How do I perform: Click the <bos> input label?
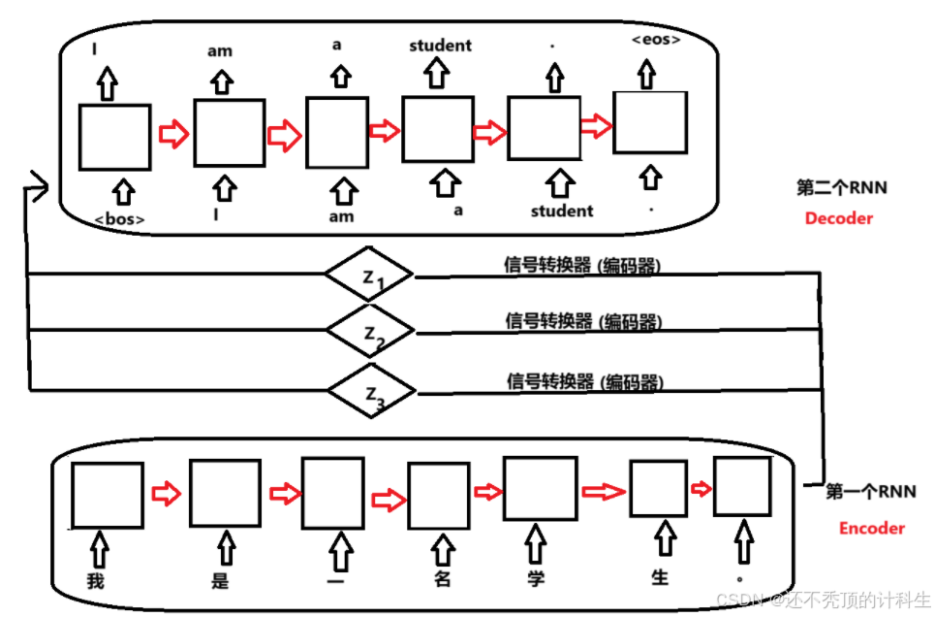pyautogui.click(x=120, y=219)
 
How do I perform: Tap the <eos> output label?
pyautogui.click(x=655, y=40)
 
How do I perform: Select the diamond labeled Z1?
pyautogui.click(x=369, y=276)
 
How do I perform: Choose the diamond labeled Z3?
pyautogui.click(x=371, y=391)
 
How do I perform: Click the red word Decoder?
pyautogui.click(x=838, y=218)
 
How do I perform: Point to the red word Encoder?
pyautogui.click(x=871, y=528)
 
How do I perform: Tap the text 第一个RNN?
pyautogui.click(x=870, y=492)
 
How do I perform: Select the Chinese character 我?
pyautogui.click(x=95, y=582)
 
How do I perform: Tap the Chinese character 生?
pyautogui.click(x=660, y=577)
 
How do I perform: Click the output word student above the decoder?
pyautogui.click(x=440, y=45)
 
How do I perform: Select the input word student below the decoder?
pyautogui.click(x=562, y=211)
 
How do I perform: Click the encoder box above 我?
pyautogui.click(x=108, y=496)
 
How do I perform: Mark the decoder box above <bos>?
pyautogui.click(x=114, y=137)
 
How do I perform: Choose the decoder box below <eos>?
pyautogui.click(x=650, y=121)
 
